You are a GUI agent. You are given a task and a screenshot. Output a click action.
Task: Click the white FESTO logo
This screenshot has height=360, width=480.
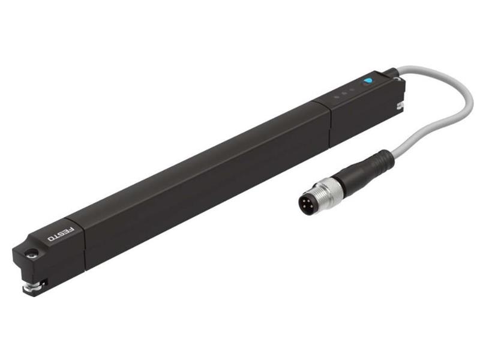(61, 234)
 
